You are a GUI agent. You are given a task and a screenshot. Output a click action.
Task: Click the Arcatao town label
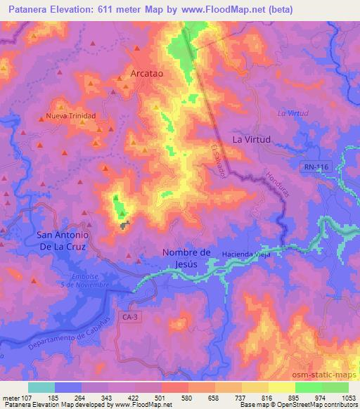(x=147, y=72)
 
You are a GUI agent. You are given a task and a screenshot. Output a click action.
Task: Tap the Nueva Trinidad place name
(x=70, y=115)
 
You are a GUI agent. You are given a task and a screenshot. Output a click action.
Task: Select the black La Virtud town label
(x=251, y=139)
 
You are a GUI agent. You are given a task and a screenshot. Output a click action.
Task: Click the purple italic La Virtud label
(x=293, y=112)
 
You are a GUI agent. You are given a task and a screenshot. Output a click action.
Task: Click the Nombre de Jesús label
(x=186, y=258)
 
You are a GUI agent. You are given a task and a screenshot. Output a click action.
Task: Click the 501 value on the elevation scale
(x=161, y=397)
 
